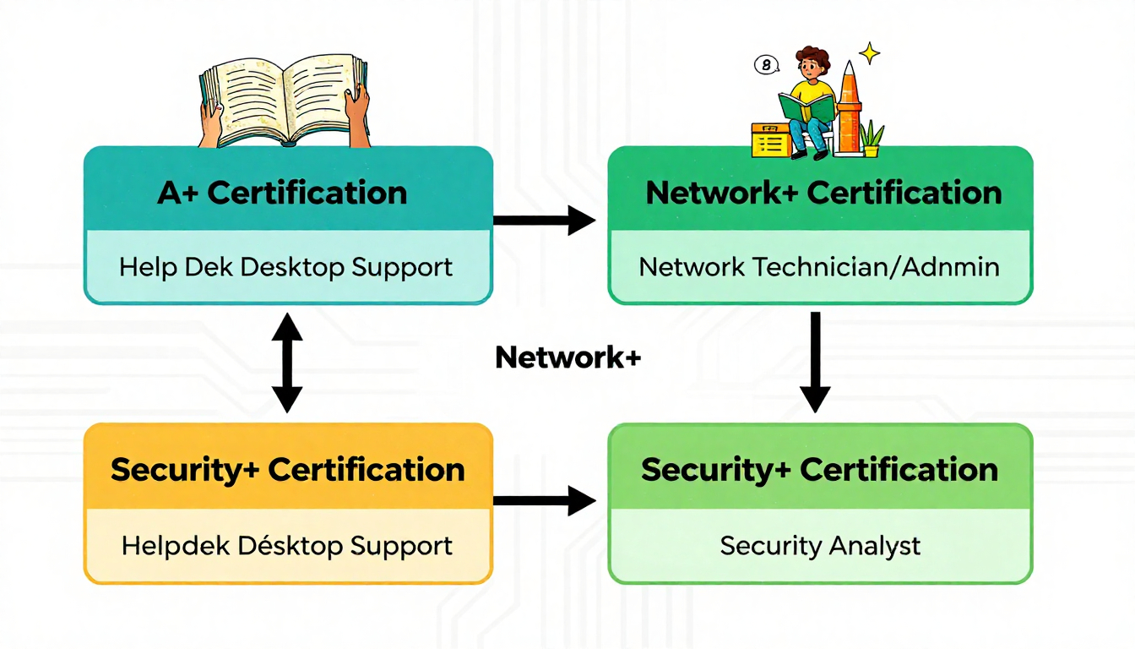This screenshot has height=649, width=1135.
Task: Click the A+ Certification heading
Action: (x=282, y=193)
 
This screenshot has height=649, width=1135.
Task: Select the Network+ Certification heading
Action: (x=823, y=193)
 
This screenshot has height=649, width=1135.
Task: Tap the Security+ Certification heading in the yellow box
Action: (x=287, y=470)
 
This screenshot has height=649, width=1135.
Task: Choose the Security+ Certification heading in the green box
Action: (x=819, y=470)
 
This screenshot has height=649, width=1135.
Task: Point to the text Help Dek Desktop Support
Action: (x=286, y=268)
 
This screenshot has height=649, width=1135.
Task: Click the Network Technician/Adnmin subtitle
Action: (x=819, y=268)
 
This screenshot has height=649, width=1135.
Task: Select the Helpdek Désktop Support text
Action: (x=287, y=546)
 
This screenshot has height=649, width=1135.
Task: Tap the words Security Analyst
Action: (x=820, y=546)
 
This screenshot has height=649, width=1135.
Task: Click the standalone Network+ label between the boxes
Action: (x=568, y=358)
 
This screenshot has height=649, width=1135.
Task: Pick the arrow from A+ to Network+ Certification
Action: (x=544, y=221)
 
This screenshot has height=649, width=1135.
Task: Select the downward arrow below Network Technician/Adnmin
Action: (x=815, y=362)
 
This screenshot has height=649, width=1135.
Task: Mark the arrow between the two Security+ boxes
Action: (x=544, y=500)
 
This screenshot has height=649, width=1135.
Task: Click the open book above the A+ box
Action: (x=285, y=99)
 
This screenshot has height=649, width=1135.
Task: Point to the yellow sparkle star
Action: (x=869, y=54)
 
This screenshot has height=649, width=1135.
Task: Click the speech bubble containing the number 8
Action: (x=766, y=64)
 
